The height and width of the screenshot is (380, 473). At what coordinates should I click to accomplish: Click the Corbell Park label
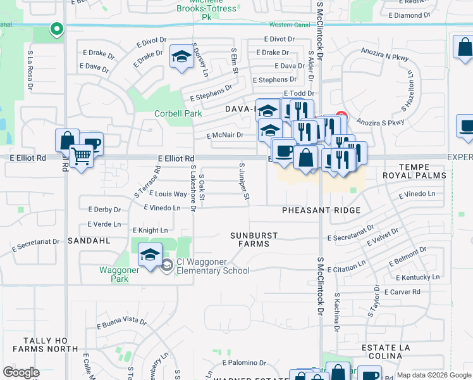[178, 114]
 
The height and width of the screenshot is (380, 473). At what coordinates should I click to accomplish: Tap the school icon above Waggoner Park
[150, 255]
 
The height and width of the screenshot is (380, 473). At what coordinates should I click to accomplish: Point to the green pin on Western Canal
[56, 28]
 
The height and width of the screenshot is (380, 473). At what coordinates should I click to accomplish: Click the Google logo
[21, 372]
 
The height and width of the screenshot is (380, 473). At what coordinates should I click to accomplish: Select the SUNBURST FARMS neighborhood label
[254, 239]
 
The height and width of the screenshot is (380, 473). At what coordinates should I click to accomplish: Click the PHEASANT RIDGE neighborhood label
[321, 210]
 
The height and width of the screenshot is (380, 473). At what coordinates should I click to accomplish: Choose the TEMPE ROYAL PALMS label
[414, 171]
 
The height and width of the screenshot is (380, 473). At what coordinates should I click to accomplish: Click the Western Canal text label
[288, 25]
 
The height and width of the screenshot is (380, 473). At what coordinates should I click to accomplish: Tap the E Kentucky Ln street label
[417, 277]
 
